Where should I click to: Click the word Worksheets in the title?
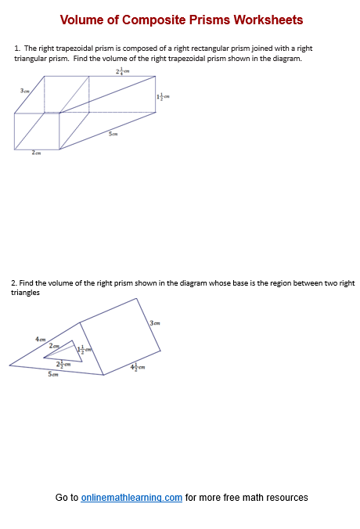[265, 20]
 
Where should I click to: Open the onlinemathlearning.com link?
[131, 497]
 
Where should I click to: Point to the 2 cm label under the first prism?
[36, 153]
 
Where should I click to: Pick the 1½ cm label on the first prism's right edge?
[163, 96]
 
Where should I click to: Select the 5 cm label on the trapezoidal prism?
[113, 135]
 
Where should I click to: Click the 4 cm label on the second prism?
[40, 338]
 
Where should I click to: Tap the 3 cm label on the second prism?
[155, 323]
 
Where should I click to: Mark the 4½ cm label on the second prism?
[138, 365]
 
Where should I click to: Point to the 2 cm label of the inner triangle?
[53, 345]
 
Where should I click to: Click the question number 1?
[16, 49]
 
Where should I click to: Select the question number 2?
[13, 282]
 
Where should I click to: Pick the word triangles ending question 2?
[26, 292]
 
